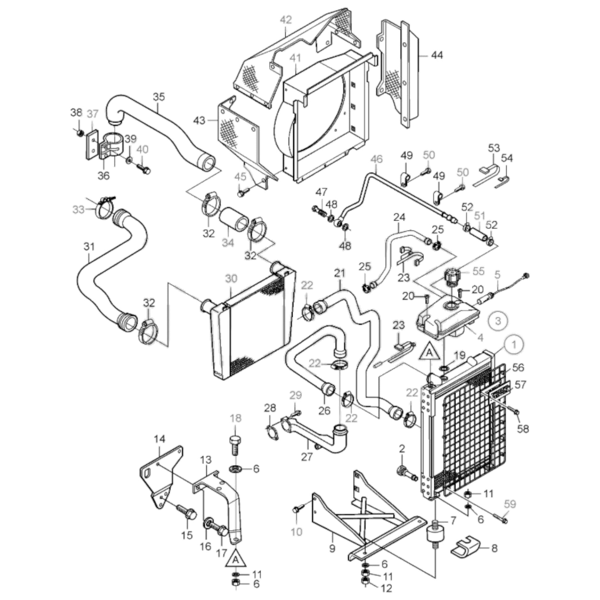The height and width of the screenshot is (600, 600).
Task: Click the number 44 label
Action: coord(437,56)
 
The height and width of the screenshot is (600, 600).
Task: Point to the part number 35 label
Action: coord(159,97)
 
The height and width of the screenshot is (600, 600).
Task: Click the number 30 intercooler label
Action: coord(231,279)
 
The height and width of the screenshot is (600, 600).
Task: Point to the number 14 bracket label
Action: coord(160,439)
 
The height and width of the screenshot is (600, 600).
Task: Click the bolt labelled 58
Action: coord(516,413)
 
